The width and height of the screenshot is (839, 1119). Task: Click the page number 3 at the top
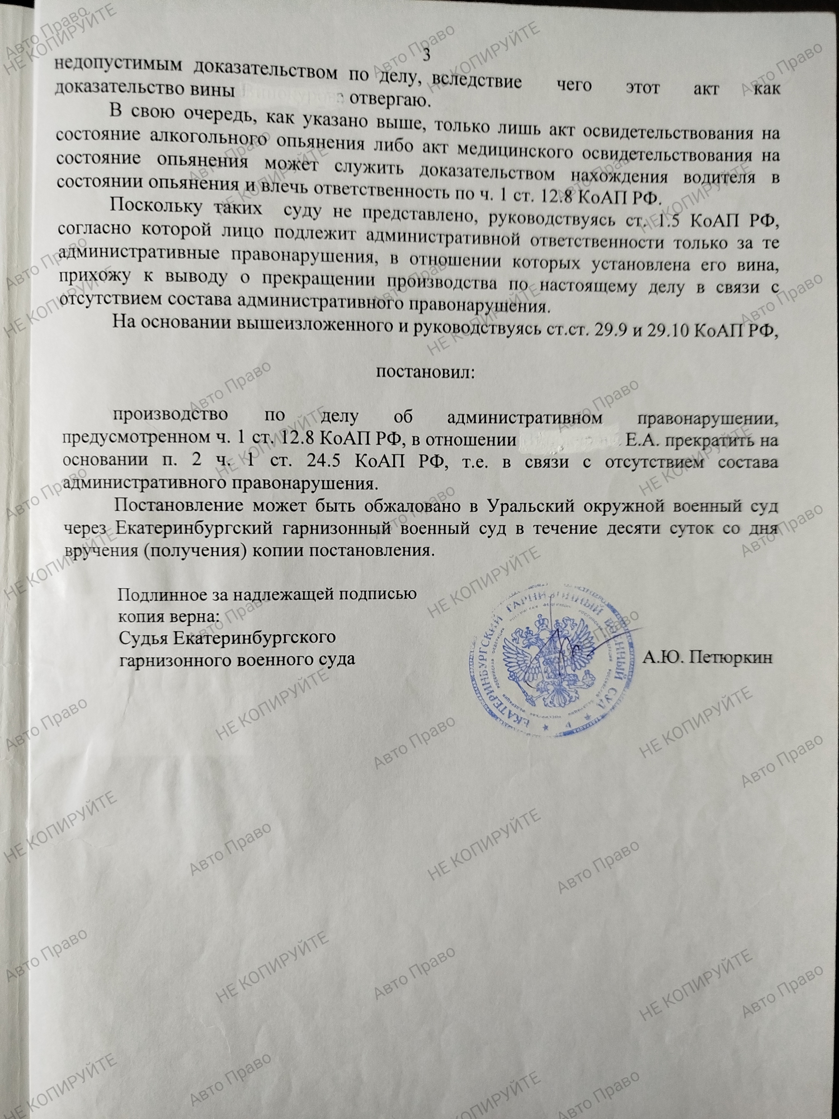click(427, 55)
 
